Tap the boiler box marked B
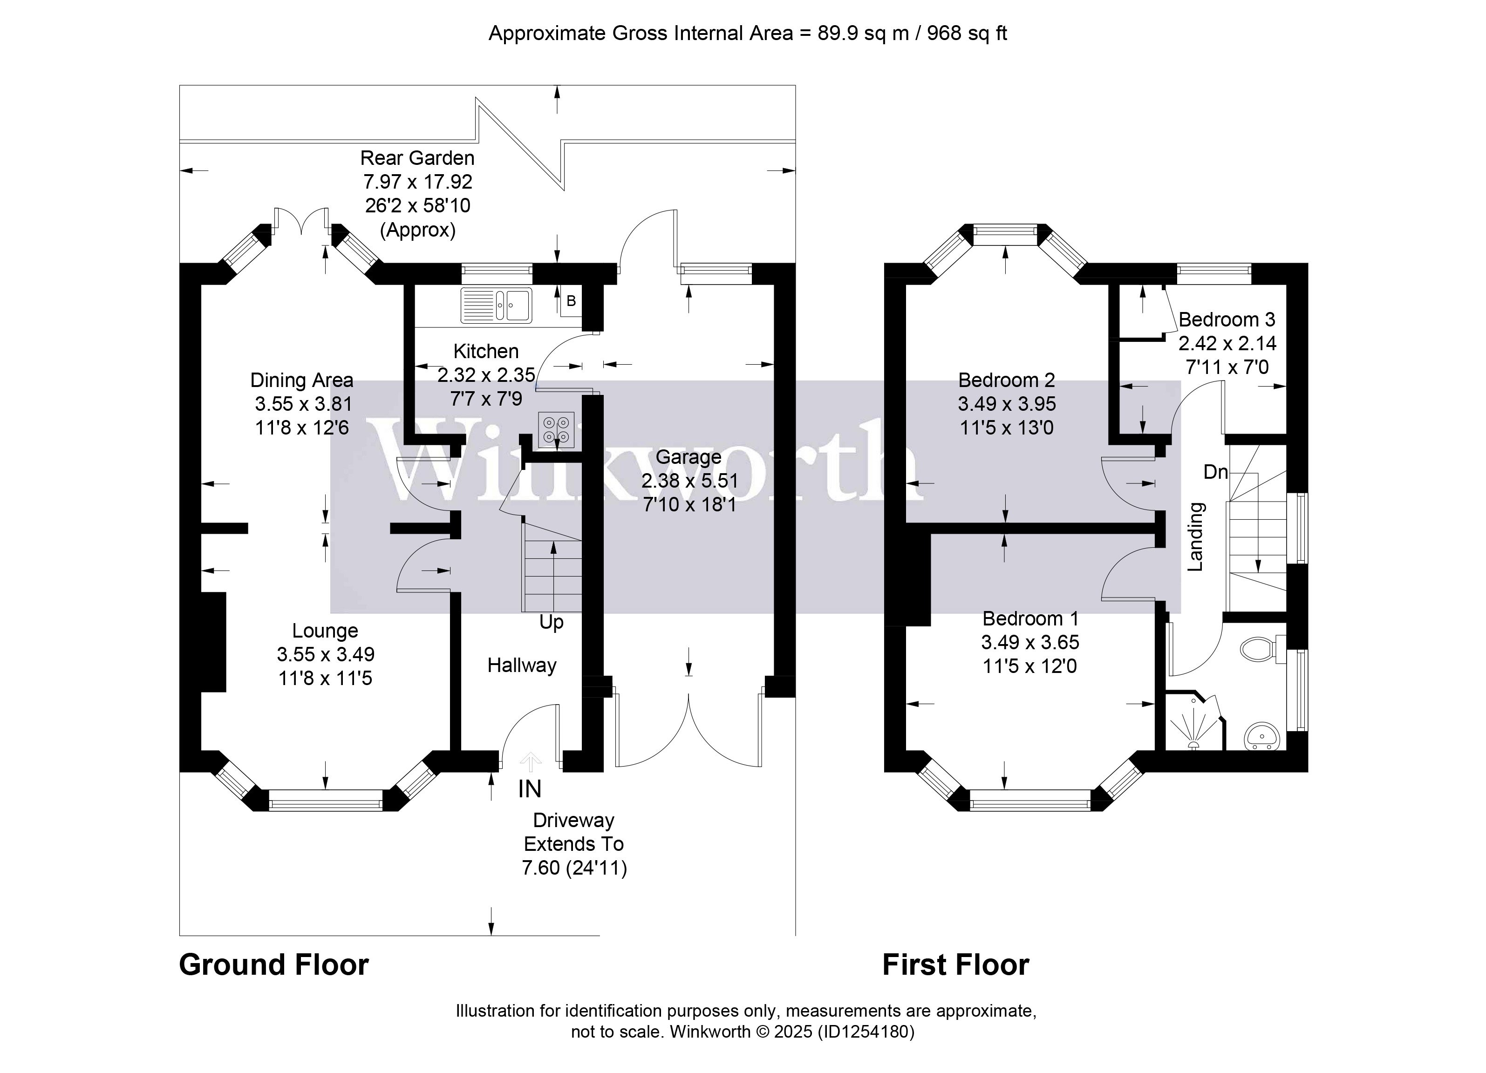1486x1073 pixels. [571, 301]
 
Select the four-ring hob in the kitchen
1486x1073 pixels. [556, 430]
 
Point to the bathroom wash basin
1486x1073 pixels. [1261, 736]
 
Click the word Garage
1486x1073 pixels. [688, 457]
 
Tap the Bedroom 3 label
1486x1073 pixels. [1227, 319]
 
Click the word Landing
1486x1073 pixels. [1196, 536]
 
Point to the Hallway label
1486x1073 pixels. [522, 666]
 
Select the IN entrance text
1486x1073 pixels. [529, 789]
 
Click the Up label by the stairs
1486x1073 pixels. [551, 622]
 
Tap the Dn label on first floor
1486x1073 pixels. [1215, 472]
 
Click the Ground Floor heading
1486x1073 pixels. [274, 965]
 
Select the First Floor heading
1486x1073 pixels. [955, 965]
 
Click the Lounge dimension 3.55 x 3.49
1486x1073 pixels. [326, 654]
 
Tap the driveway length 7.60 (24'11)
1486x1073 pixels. [574, 868]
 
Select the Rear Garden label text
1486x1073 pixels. [417, 158]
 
